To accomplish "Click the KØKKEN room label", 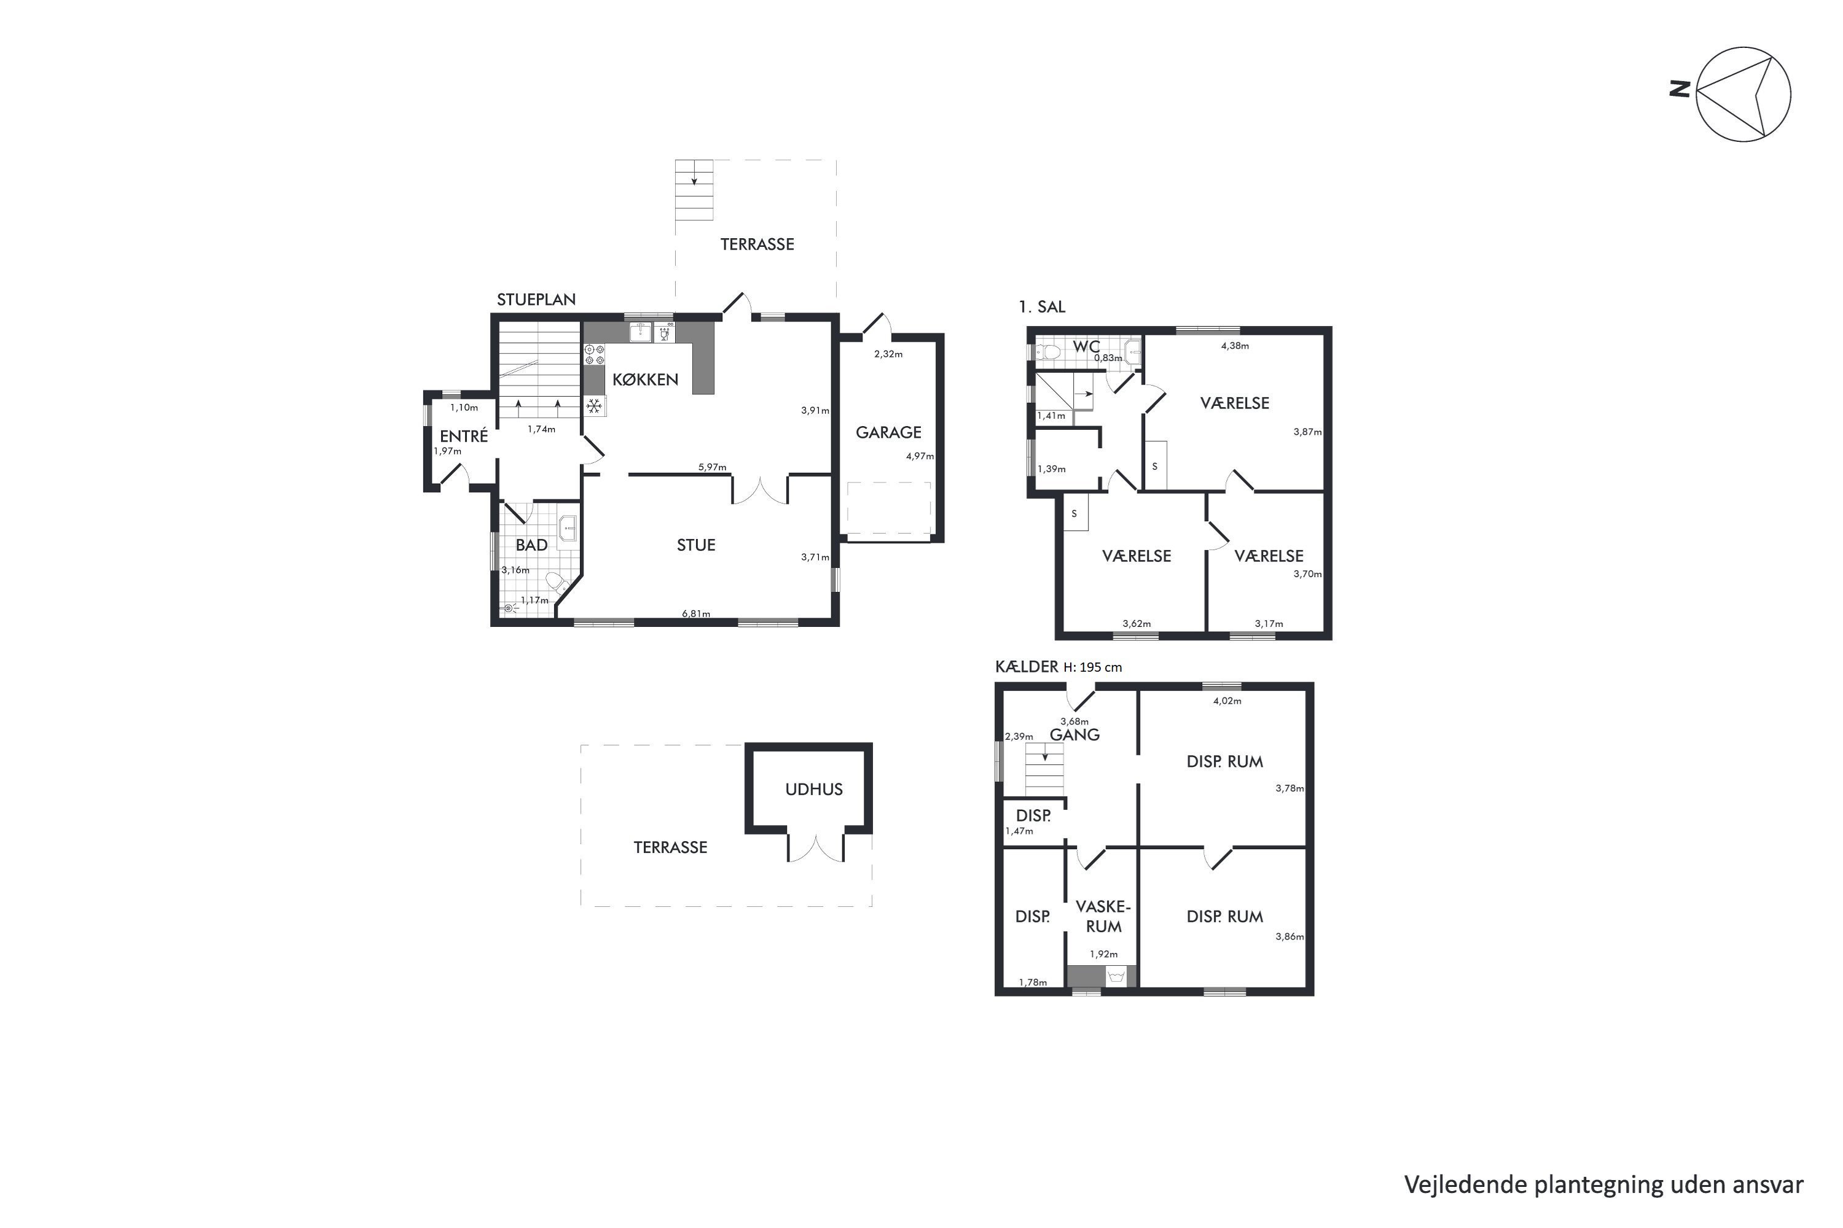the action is click(645, 380).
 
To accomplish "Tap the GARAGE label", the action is click(888, 432).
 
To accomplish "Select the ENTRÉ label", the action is click(463, 436).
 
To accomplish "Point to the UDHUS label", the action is click(814, 790).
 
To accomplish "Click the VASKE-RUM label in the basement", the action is click(1103, 916).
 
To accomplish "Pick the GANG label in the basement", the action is click(1074, 734).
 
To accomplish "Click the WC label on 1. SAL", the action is click(1086, 346).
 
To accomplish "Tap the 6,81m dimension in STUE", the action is click(696, 613).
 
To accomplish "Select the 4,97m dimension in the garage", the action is click(920, 456).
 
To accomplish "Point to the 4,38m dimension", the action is click(1235, 345).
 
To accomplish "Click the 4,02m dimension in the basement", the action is click(1227, 701).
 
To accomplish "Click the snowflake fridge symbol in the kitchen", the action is click(595, 406).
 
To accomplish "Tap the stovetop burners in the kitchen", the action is click(595, 355).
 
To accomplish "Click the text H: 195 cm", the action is click(1092, 667).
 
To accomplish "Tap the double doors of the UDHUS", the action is click(816, 848).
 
